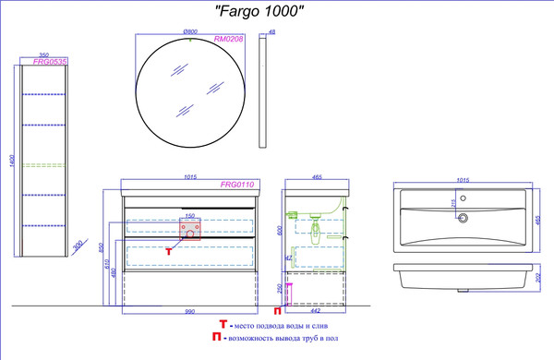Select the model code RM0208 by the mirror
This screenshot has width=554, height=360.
(228, 40)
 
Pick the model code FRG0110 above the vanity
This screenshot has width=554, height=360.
(235, 185)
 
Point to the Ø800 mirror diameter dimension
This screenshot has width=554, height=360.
(191, 31)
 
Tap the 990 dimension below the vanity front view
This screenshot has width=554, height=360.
(189, 313)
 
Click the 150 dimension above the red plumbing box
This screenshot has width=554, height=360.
(191, 216)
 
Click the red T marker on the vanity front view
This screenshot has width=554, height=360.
(168, 249)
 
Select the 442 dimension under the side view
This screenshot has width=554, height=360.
(319, 311)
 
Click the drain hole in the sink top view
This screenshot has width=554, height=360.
(464, 219)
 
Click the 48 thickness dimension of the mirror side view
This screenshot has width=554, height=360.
(271, 33)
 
